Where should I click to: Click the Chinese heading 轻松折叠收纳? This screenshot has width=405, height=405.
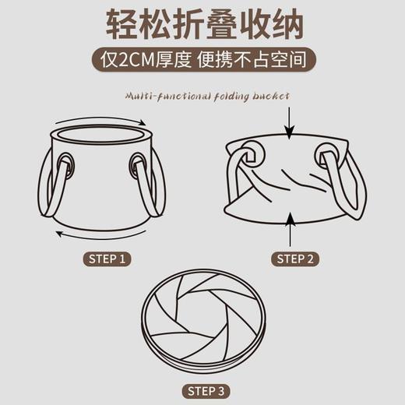click(x=202, y=25)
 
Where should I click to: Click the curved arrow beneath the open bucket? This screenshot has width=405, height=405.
click(x=100, y=236)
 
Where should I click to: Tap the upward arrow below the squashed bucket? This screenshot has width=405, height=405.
click(x=290, y=231)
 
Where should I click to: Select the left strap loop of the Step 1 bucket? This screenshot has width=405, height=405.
click(x=48, y=191)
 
